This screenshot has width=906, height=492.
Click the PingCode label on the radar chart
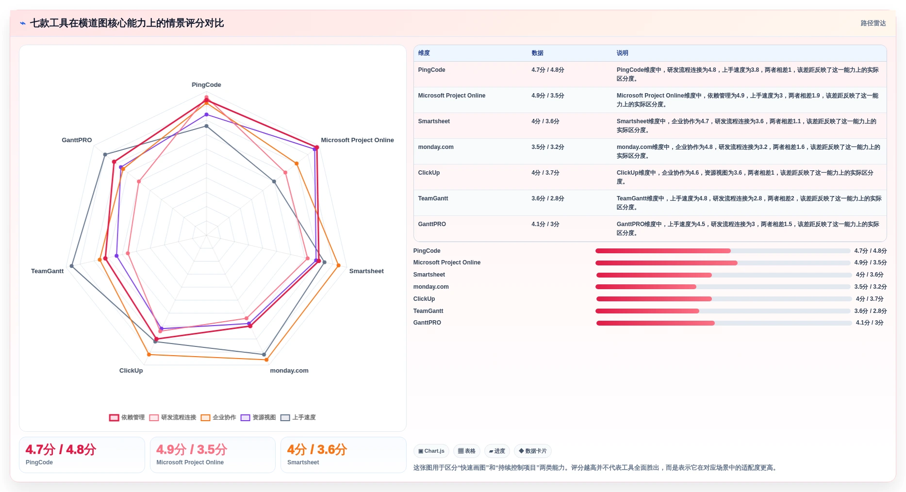pos(206,85)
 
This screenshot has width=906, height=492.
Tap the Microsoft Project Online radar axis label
pos(357,140)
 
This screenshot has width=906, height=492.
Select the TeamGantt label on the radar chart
pos(47,271)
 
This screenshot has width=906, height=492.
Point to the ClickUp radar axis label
pos(131,371)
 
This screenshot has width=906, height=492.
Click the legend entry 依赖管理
pos(127,417)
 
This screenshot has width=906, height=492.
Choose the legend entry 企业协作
pos(218,417)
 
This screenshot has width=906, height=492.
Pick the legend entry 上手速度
pos(298,417)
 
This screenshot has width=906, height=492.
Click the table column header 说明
pos(622,53)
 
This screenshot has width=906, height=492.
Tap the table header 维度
pos(424,53)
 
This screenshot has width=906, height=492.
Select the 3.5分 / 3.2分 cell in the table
pos(547,147)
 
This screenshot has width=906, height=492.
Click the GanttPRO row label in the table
pos(432,224)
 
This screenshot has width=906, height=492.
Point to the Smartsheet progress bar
pos(724,275)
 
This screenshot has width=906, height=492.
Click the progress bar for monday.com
pos(723,287)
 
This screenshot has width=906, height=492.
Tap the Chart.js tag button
pos(431,451)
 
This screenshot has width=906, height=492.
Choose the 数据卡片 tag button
pos(532,451)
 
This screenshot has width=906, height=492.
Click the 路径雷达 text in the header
pos(873,23)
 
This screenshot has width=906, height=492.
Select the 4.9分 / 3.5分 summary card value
pos(192,450)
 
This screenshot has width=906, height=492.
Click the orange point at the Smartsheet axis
pos(338,265)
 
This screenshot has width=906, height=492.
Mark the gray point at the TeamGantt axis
pos(72,266)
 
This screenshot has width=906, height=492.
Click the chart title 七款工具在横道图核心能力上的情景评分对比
pos(127,23)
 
